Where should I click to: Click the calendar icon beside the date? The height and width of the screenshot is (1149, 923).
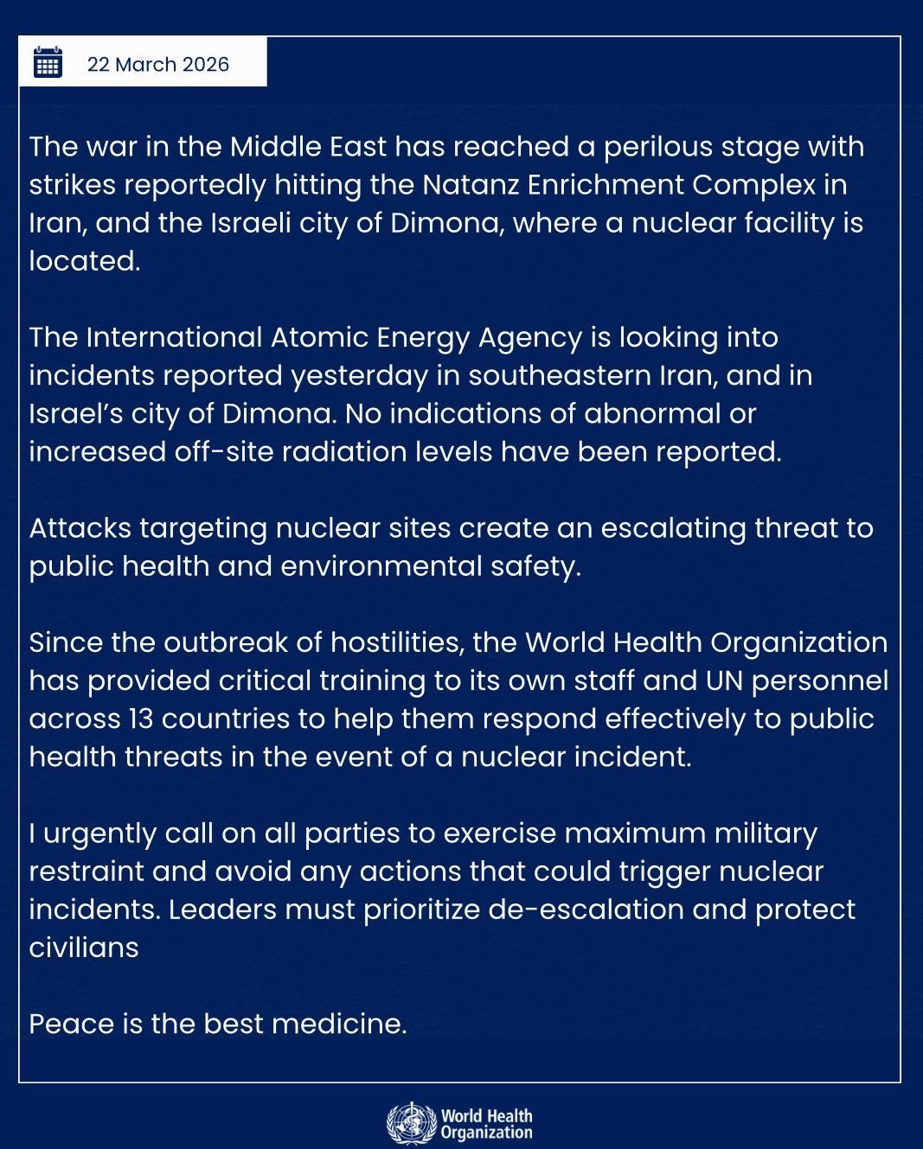(48, 62)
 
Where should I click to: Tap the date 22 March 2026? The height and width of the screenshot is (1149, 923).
(158, 65)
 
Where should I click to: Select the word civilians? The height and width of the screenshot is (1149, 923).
(84, 948)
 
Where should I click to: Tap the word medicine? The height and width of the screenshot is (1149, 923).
(338, 1024)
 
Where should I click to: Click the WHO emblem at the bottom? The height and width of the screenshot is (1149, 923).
(410, 1123)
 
